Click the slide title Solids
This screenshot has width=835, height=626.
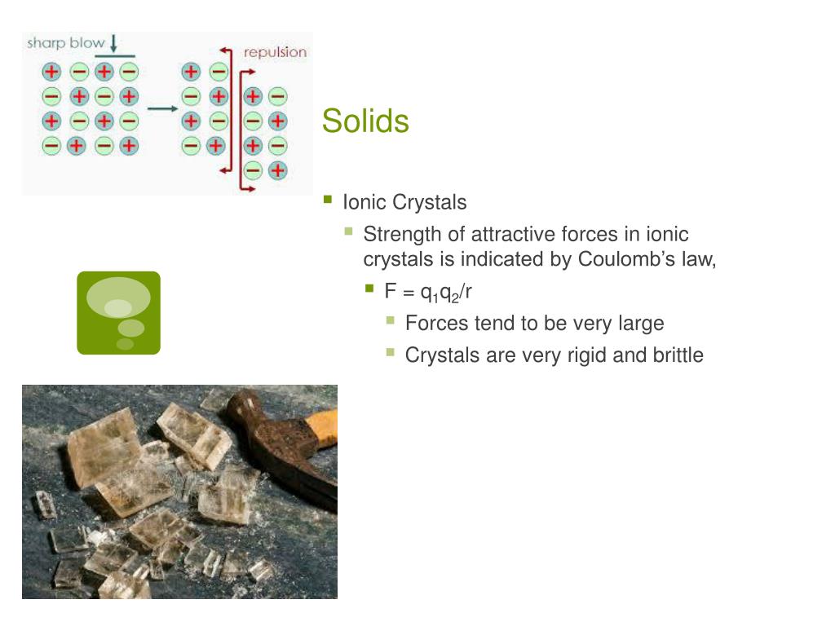tap(365, 121)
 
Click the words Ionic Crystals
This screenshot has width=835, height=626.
tap(404, 201)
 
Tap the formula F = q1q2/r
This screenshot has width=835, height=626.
tap(429, 291)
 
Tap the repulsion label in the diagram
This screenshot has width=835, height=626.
tap(275, 52)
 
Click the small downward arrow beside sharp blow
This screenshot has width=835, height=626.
tap(113, 42)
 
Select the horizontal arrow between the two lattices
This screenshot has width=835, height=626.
tap(162, 108)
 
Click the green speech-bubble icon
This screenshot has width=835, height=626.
tap(118, 313)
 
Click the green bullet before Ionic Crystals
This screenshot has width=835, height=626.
tap(328, 199)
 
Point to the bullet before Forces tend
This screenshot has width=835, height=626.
tap(391, 321)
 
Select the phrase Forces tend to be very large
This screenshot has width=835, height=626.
tap(534, 324)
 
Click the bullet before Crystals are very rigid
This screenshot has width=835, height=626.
tap(391, 353)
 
